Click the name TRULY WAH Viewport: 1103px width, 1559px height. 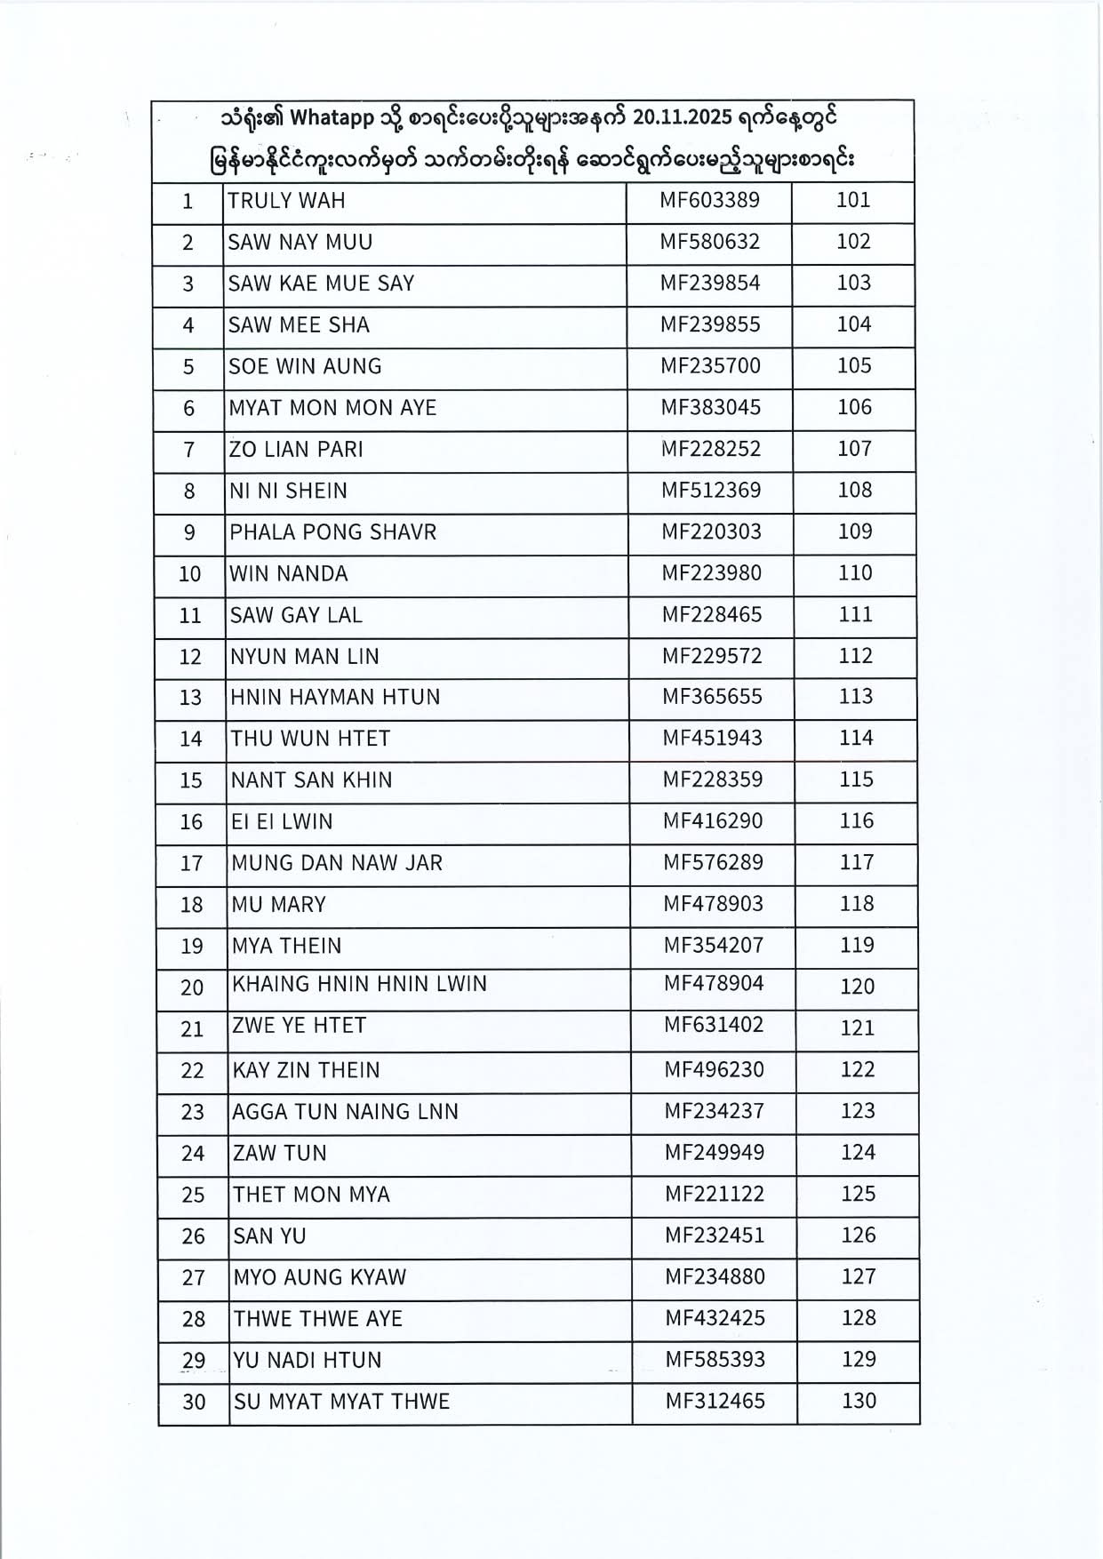click(286, 201)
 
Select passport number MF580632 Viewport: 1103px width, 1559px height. click(709, 242)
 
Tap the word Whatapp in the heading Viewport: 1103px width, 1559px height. click(340, 118)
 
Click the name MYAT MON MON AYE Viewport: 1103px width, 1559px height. click(332, 408)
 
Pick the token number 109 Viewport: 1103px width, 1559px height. click(855, 532)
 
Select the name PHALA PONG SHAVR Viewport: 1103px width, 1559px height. click(333, 532)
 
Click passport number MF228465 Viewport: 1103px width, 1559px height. click(711, 615)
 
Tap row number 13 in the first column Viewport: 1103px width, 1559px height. click(190, 698)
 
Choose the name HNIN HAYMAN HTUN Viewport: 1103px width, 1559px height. click(335, 698)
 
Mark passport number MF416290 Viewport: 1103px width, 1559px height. click(713, 821)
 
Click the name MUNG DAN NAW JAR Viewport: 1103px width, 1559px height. click(337, 863)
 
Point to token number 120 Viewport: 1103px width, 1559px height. click(858, 987)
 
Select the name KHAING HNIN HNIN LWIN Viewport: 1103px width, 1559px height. click(359, 985)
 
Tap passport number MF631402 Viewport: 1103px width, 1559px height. click(714, 1026)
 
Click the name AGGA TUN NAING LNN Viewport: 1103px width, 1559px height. click(345, 1112)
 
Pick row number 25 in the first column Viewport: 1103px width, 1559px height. click(193, 1195)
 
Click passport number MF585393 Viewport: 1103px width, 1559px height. click(715, 1360)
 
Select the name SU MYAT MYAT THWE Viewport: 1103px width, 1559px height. click(341, 1403)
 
